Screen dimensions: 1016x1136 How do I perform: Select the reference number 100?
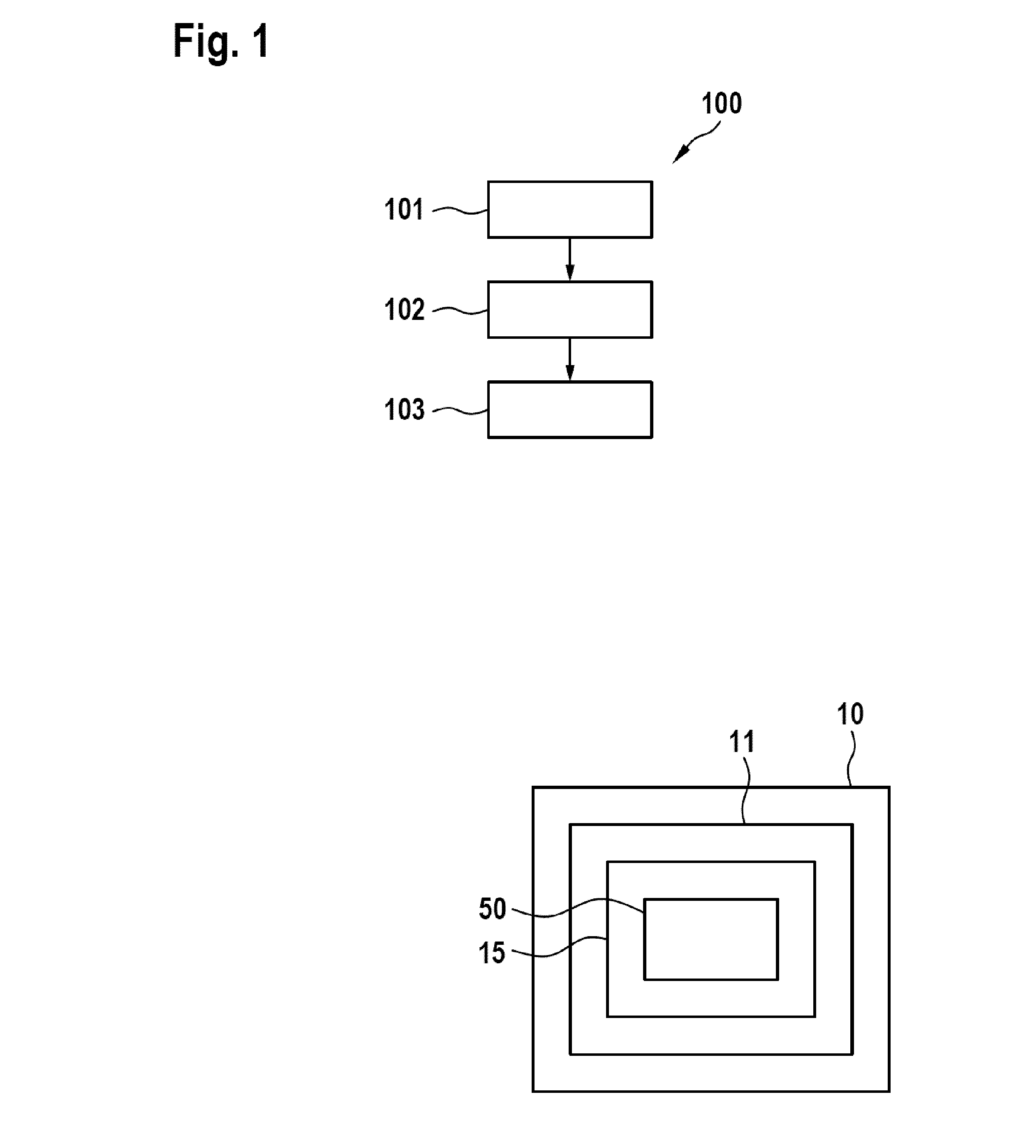coord(721,103)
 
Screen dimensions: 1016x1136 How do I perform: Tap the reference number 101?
coord(404,209)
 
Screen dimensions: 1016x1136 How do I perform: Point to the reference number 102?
coord(404,309)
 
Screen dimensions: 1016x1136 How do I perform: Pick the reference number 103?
coord(404,409)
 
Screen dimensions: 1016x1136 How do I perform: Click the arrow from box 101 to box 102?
coord(570,259)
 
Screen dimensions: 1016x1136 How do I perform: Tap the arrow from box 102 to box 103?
coord(570,359)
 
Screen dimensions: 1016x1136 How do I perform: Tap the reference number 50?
coord(492,909)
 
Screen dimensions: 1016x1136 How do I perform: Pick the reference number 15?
coord(492,953)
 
